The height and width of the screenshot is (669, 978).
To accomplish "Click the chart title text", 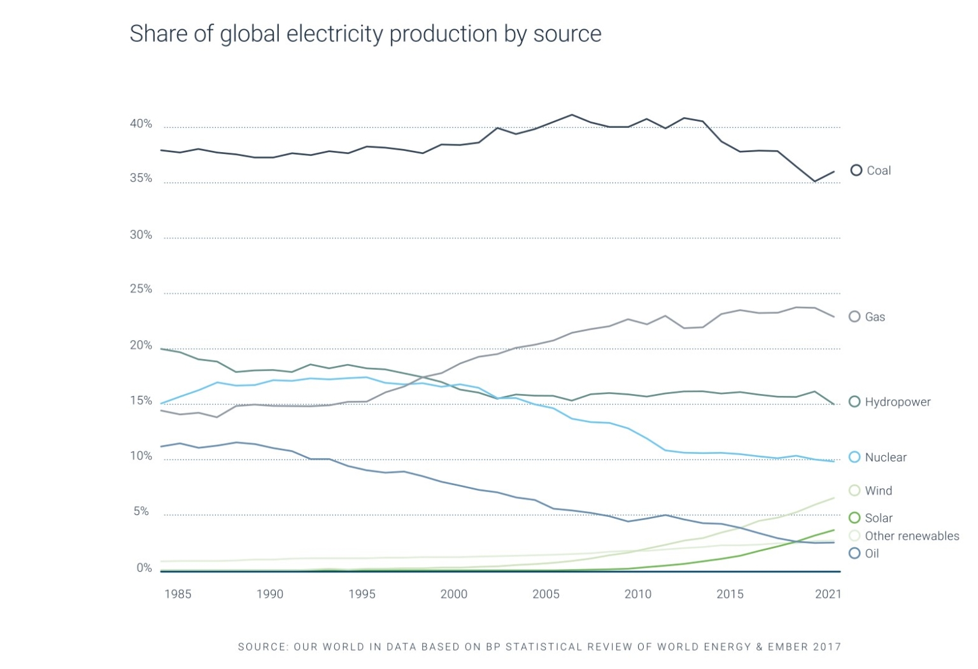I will click(365, 34).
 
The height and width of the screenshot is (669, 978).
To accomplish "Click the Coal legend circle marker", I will click(856, 170).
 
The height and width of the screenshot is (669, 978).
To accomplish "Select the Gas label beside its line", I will click(875, 317).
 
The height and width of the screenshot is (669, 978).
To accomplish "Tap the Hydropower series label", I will click(897, 402).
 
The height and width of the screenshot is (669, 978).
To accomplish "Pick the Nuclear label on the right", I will click(885, 458).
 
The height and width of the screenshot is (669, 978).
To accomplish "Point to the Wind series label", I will click(878, 491).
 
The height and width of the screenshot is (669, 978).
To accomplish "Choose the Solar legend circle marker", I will click(854, 518).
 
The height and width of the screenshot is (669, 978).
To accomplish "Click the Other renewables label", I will click(911, 536).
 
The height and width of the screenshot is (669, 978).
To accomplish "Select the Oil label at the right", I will click(872, 554).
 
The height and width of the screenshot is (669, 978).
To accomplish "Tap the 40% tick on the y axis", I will click(141, 124).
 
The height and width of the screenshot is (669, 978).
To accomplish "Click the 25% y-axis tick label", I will click(141, 289).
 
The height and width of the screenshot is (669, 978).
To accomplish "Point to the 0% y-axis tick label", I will click(144, 568).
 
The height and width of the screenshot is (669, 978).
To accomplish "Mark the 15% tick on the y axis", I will click(141, 401).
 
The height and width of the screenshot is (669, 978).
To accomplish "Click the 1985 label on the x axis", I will click(178, 594).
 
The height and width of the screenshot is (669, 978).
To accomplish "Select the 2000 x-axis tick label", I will click(454, 594).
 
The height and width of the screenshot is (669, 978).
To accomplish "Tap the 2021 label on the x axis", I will click(828, 594).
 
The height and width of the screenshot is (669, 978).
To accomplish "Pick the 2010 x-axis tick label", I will click(638, 594).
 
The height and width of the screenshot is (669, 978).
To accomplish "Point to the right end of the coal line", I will click(833, 171).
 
